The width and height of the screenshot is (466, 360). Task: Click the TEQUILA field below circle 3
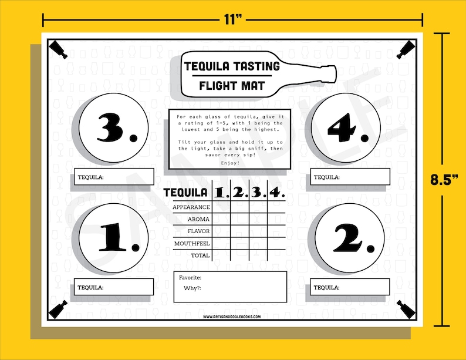click(x=115, y=177)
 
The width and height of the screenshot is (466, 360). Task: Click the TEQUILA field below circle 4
click(x=350, y=177)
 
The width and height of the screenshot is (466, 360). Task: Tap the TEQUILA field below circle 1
click(x=115, y=287)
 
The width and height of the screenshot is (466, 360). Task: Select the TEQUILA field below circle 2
click(x=350, y=287)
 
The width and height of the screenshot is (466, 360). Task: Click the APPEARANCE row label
click(x=191, y=207)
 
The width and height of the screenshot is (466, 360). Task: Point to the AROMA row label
click(x=198, y=219)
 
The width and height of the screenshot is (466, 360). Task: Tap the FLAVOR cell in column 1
click(x=221, y=231)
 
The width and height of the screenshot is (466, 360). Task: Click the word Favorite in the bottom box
click(x=191, y=277)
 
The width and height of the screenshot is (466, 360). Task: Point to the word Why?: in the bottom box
click(x=192, y=288)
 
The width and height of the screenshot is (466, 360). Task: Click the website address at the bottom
click(x=232, y=317)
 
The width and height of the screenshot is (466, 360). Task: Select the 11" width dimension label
click(x=233, y=20)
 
